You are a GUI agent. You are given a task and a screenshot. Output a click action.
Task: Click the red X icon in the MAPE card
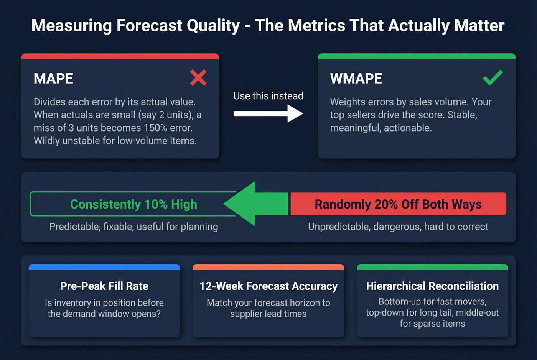[198, 78]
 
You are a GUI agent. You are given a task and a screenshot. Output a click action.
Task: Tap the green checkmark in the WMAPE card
[493, 78]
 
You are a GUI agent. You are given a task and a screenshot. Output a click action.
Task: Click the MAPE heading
[53, 79]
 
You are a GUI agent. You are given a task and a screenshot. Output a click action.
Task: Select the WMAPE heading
[356, 79]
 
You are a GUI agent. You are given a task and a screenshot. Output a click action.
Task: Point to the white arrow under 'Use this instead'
[268, 113]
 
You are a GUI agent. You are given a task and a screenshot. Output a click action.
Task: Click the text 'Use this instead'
[268, 96]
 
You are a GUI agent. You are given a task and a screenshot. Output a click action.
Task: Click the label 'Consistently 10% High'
[133, 204]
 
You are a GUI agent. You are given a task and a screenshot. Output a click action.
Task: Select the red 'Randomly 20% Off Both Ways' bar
[398, 204]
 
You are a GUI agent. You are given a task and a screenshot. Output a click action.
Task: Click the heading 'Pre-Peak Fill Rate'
[104, 286]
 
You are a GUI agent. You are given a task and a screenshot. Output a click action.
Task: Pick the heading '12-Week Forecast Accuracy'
[268, 286]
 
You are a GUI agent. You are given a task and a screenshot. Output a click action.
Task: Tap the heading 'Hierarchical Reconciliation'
[432, 286]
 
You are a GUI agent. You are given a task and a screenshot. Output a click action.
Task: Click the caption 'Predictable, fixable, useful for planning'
[133, 227]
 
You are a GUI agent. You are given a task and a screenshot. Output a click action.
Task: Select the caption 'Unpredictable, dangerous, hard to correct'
[398, 227]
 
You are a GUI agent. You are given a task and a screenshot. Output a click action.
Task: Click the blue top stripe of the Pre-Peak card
[104, 267]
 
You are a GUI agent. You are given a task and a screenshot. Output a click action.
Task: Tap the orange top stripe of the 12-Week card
[268, 267]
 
